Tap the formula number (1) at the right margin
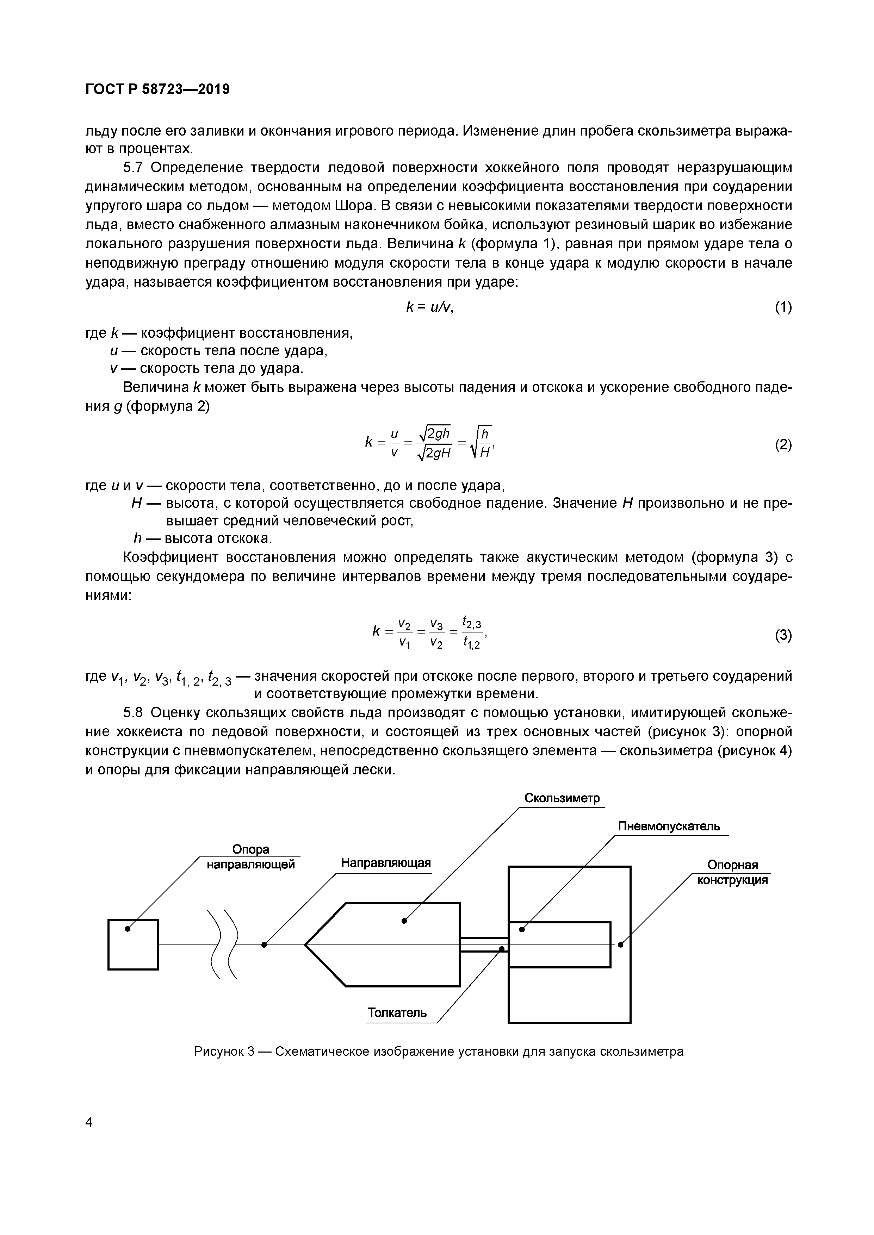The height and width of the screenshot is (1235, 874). pyautogui.click(x=783, y=307)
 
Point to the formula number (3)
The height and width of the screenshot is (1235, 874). pyautogui.click(x=783, y=635)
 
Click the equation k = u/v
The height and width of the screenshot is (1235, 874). pyautogui.click(x=429, y=307)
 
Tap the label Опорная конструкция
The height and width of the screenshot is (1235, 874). pyautogui.click(x=732, y=873)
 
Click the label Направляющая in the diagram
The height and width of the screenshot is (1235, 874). pyautogui.click(x=386, y=863)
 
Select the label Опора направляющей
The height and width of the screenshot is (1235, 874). pyautogui.click(x=251, y=857)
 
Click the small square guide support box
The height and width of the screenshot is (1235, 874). pyautogui.click(x=133, y=944)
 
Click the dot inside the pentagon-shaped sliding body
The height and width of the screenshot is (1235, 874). pyautogui.click(x=404, y=921)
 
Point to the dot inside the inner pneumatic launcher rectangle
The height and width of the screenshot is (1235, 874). pyautogui.click(x=521, y=929)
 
